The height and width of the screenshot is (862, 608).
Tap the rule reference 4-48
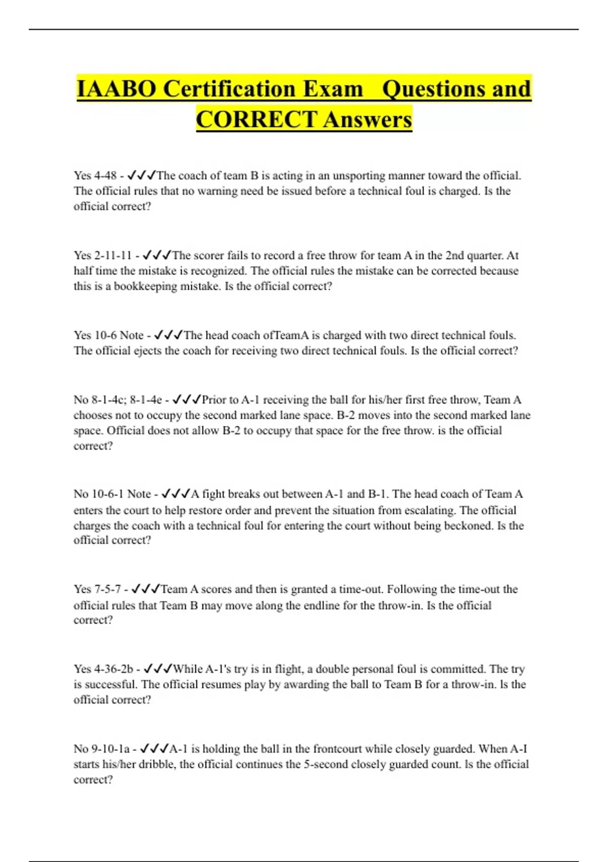coord(105,176)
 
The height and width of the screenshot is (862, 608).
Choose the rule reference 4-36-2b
coord(114,669)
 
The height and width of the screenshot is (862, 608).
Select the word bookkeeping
coord(146,286)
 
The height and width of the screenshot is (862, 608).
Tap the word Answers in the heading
coord(367,120)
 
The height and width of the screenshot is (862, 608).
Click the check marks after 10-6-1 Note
coord(175,494)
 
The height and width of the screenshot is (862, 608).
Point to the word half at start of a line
coord(83,271)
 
